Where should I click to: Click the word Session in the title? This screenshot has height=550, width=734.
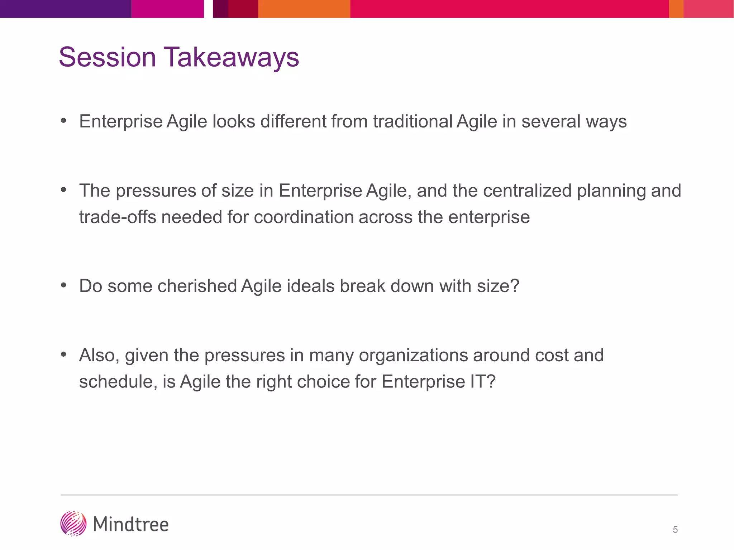click(107, 57)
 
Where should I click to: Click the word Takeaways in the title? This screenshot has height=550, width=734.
click(231, 57)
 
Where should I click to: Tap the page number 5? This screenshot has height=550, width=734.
click(675, 530)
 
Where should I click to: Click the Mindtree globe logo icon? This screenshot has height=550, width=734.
click(73, 524)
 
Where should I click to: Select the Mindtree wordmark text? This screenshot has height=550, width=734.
click(131, 525)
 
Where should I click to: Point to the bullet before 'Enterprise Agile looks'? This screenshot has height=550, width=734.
click(64, 121)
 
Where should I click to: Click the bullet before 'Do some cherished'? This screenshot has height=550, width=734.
click(64, 285)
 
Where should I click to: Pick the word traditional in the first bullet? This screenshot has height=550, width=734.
click(413, 121)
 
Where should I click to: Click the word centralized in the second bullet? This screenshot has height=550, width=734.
click(527, 190)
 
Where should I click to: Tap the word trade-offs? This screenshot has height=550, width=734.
click(118, 217)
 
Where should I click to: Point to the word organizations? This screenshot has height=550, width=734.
click(413, 356)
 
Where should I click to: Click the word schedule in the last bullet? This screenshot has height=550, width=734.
click(117, 382)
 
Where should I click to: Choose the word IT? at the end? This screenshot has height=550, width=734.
click(482, 382)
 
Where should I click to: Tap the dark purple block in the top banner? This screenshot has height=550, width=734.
click(65, 9)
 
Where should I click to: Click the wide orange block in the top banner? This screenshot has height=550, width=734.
click(304, 9)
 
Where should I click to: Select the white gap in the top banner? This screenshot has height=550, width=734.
click(208, 9)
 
